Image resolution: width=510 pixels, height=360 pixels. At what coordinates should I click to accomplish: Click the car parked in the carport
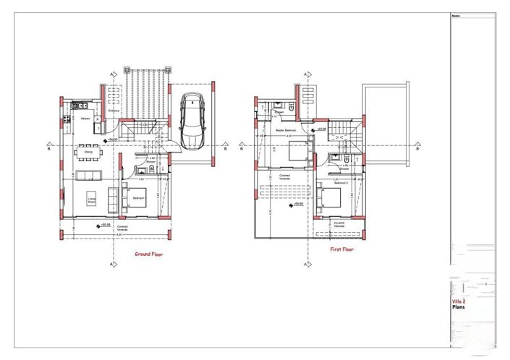pos(193,121)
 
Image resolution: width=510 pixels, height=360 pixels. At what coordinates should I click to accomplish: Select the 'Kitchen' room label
pos(85,117)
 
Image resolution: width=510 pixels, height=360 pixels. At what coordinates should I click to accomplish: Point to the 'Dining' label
pos(88,153)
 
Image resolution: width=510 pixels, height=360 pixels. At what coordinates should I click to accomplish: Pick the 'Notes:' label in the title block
pos(456,14)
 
